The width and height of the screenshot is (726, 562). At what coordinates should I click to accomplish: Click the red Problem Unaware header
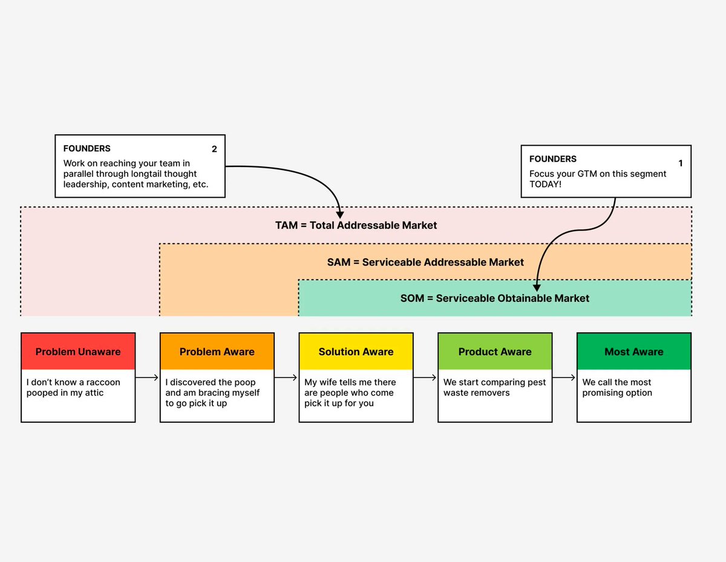(78, 351)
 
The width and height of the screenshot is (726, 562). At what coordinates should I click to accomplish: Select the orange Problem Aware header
(217, 351)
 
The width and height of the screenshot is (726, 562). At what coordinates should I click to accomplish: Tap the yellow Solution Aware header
(356, 351)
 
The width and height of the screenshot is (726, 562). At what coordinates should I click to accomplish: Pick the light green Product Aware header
(495, 351)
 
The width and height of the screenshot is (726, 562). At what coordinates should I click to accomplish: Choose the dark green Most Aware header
(633, 351)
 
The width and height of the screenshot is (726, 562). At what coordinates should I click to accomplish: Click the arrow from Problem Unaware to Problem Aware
(147, 377)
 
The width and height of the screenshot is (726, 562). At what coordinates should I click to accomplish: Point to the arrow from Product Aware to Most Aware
(564, 377)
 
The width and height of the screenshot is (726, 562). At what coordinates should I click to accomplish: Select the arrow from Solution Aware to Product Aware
(425, 377)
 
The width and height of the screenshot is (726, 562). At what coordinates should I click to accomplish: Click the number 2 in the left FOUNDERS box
(214, 149)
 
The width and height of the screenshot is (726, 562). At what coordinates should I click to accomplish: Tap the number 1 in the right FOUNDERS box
(680, 163)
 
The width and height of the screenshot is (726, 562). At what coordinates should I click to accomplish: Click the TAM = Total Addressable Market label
(356, 225)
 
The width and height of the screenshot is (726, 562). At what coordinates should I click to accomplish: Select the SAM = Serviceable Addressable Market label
(425, 262)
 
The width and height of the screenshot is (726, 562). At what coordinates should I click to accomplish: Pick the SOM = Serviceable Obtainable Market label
(494, 298)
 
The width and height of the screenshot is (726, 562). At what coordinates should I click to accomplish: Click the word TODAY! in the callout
(546, 184)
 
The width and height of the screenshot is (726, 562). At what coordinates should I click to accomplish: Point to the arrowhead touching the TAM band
(340, 214)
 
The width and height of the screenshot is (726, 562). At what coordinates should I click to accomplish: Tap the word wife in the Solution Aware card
(333, 382)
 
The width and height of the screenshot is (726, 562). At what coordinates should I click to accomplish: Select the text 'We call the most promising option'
(617, 388)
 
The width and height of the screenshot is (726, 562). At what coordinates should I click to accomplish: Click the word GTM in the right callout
(590, 174)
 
